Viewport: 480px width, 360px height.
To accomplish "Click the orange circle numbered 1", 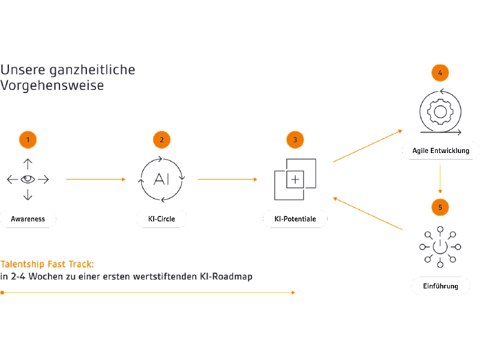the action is pyautogui.click(x=28, y=140).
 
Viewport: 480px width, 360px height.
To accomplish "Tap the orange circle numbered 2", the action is pyautogui.click(x=161, y=140).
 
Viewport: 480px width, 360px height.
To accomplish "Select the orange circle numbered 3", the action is pyautogui.click(x=295, y=140).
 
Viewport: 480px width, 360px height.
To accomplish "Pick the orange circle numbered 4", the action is pyautogui.click(x=440, y=73).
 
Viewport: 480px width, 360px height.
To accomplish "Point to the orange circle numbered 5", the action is pyautogui.click(x=440, y=207).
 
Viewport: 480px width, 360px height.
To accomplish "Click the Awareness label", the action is pyautogui.click(x=28, y=219).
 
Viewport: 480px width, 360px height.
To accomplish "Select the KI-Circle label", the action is pyautogui.click(x=161, y=219).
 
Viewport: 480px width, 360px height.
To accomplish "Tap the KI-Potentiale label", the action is pyautogui.click(x=295, y=219).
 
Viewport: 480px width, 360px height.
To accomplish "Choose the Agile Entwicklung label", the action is pyautogui.click(x=441, y=151).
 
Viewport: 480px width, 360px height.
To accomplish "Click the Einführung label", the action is pyautogui.click(x=441, y=286).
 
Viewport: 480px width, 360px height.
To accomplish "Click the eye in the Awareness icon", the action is pyautogui.click(x=28, y=179).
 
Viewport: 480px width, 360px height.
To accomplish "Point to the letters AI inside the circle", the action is pyautogui.click(x=161, y=179).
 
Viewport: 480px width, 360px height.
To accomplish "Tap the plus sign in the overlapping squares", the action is pyautogui.click(x=295, y=179).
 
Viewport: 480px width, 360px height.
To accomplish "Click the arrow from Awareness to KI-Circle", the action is pyautogui.click(x=95, y=179).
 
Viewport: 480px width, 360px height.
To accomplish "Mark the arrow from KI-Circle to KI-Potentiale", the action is pyautogui.click(x=227, y=179).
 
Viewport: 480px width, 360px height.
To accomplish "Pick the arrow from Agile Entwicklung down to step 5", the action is pyautogui.click(x=440, y=179).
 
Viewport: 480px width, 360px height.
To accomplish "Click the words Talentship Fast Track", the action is pyautogui.click(x=47, y=264).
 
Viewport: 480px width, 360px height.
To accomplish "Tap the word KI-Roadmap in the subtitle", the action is pyautogui.click(x=226, y=277).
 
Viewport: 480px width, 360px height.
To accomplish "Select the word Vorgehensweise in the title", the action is pyautogui.click(x=52, y=85).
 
